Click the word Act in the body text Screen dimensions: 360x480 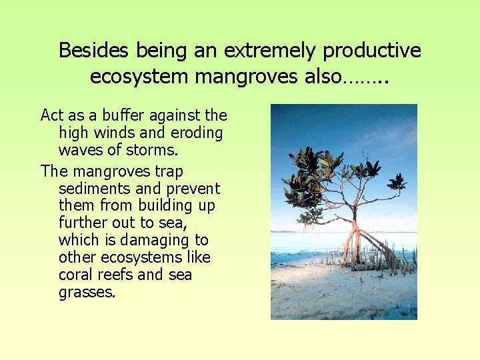click(x=52, y=115)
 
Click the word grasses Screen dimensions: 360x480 click(x=87, y=293)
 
